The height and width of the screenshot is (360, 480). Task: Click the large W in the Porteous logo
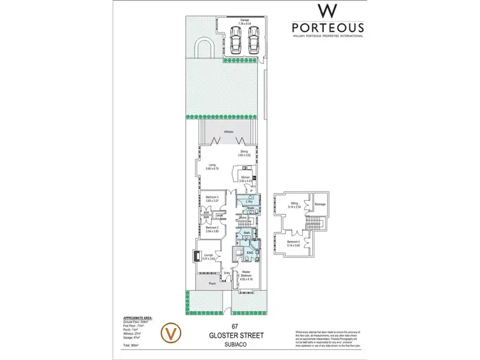tap(328, 12)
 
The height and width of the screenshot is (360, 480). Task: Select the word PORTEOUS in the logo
tap(328, 27)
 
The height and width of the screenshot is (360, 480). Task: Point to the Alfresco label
tap(228, 132)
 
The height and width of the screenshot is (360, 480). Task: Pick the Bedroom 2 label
tap(212, 229)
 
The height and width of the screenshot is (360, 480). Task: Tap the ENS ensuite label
tap(250, 253)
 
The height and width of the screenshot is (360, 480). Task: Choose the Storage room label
tap(320, 204)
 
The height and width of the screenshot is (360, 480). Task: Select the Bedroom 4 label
tap(294, 242)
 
